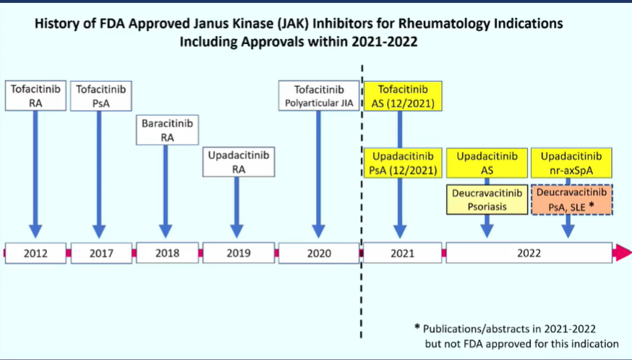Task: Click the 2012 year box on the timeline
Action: click(x=35, y=253)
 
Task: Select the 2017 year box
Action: click(x=101, y=253)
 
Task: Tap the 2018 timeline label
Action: click(x=167, y=253)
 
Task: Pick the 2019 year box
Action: click(x=239, y=253)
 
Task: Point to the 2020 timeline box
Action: click(x=319, y=253)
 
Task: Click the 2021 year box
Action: click(x=402, y=253)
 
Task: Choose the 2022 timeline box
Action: click(x=529, y=253)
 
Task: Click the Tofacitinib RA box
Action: click(x=35, y=95)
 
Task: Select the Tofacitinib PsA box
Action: click(x=101, y=96)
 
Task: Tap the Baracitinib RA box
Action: click(x=167, y=130)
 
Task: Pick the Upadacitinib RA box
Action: click(x=239, y=162)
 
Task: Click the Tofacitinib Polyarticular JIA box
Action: click(x=319, y=95)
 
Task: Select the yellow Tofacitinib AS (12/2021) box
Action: click(x=403, y=96)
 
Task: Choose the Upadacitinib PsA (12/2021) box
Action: click(x=403, y=163)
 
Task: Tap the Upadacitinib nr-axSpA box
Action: click(x=571, y=163)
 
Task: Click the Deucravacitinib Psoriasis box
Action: click(x=487, y=200)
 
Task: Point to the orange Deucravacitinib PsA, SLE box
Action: click(x=572, y=200)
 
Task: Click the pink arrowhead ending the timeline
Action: click(x=622, y=253)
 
